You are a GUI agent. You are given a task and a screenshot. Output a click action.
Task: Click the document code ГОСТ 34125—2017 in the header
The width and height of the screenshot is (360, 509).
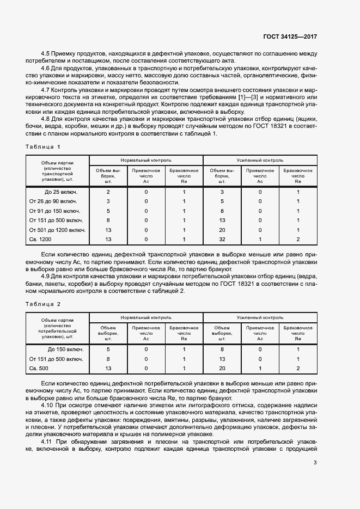point(290,36)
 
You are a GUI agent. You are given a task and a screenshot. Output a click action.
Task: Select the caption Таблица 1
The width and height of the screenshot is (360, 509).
point(43,147)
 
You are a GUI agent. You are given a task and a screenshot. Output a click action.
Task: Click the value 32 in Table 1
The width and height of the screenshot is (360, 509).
point(222,239)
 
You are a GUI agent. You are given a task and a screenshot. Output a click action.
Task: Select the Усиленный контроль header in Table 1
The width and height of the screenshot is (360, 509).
point(260,161)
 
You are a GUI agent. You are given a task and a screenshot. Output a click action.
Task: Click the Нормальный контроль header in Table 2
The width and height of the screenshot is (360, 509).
point(146,317)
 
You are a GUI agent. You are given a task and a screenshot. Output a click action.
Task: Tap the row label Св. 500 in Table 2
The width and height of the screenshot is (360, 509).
point(40,369)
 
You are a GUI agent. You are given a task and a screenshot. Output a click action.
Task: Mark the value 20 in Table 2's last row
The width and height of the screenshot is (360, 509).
point(222,369)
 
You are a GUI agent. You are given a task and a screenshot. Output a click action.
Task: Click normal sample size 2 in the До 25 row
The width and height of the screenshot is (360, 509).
point(108,192)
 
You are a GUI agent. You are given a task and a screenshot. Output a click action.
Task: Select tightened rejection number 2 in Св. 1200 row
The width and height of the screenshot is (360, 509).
point(298,239)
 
